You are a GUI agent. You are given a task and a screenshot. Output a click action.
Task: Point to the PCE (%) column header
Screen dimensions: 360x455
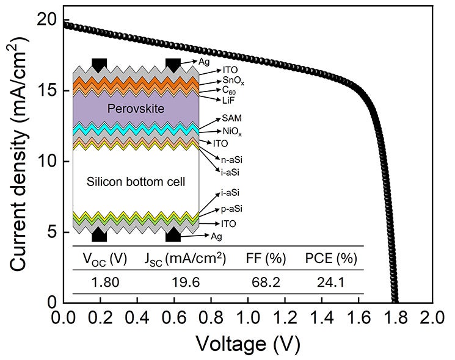[x=330, y=258]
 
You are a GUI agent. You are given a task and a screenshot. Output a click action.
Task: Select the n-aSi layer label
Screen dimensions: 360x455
[x=233, y=159]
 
